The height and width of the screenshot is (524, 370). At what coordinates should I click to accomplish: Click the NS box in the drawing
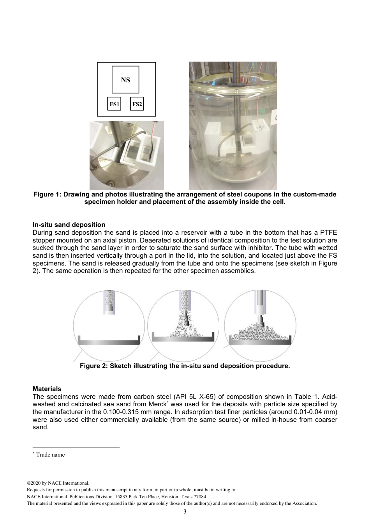(125, 80)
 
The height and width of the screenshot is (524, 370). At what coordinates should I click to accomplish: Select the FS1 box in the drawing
(114, 104)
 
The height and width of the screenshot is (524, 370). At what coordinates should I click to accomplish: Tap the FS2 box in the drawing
(137, 104)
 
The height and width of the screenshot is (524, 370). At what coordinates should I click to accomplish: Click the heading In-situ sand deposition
(69, 225)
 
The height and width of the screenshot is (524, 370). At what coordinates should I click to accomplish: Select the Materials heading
(47, 389)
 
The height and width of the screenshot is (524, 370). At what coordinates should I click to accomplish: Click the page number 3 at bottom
(185, 511)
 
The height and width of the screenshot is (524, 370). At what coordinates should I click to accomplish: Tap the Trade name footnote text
(50, 455)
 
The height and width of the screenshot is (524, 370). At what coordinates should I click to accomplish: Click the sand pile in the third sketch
(260, 333)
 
